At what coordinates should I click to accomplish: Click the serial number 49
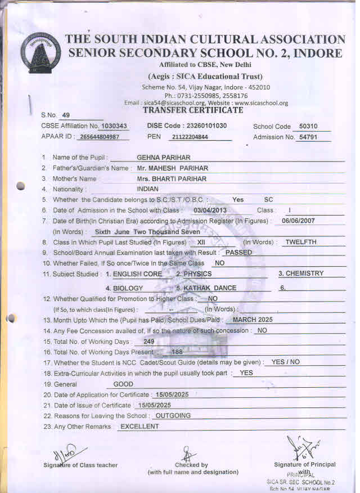(x=66, y=114)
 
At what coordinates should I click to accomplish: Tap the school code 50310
(x=308, y=127)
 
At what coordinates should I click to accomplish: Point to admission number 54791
(x=308, y=137)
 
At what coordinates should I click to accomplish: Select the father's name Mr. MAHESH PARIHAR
(x=172, y=168)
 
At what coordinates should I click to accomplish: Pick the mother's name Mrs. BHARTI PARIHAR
(x=172, y=179)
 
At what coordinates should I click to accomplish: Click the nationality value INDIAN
(x=148, y=189)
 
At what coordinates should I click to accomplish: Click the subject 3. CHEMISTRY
(x=301, y=274)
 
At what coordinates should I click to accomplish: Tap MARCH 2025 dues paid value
(x=253, y=320)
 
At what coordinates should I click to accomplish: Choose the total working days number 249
(x=149, y=342)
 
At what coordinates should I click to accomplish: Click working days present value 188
(x=177, y=352)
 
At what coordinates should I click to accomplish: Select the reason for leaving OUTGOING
(x=173, y=416)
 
